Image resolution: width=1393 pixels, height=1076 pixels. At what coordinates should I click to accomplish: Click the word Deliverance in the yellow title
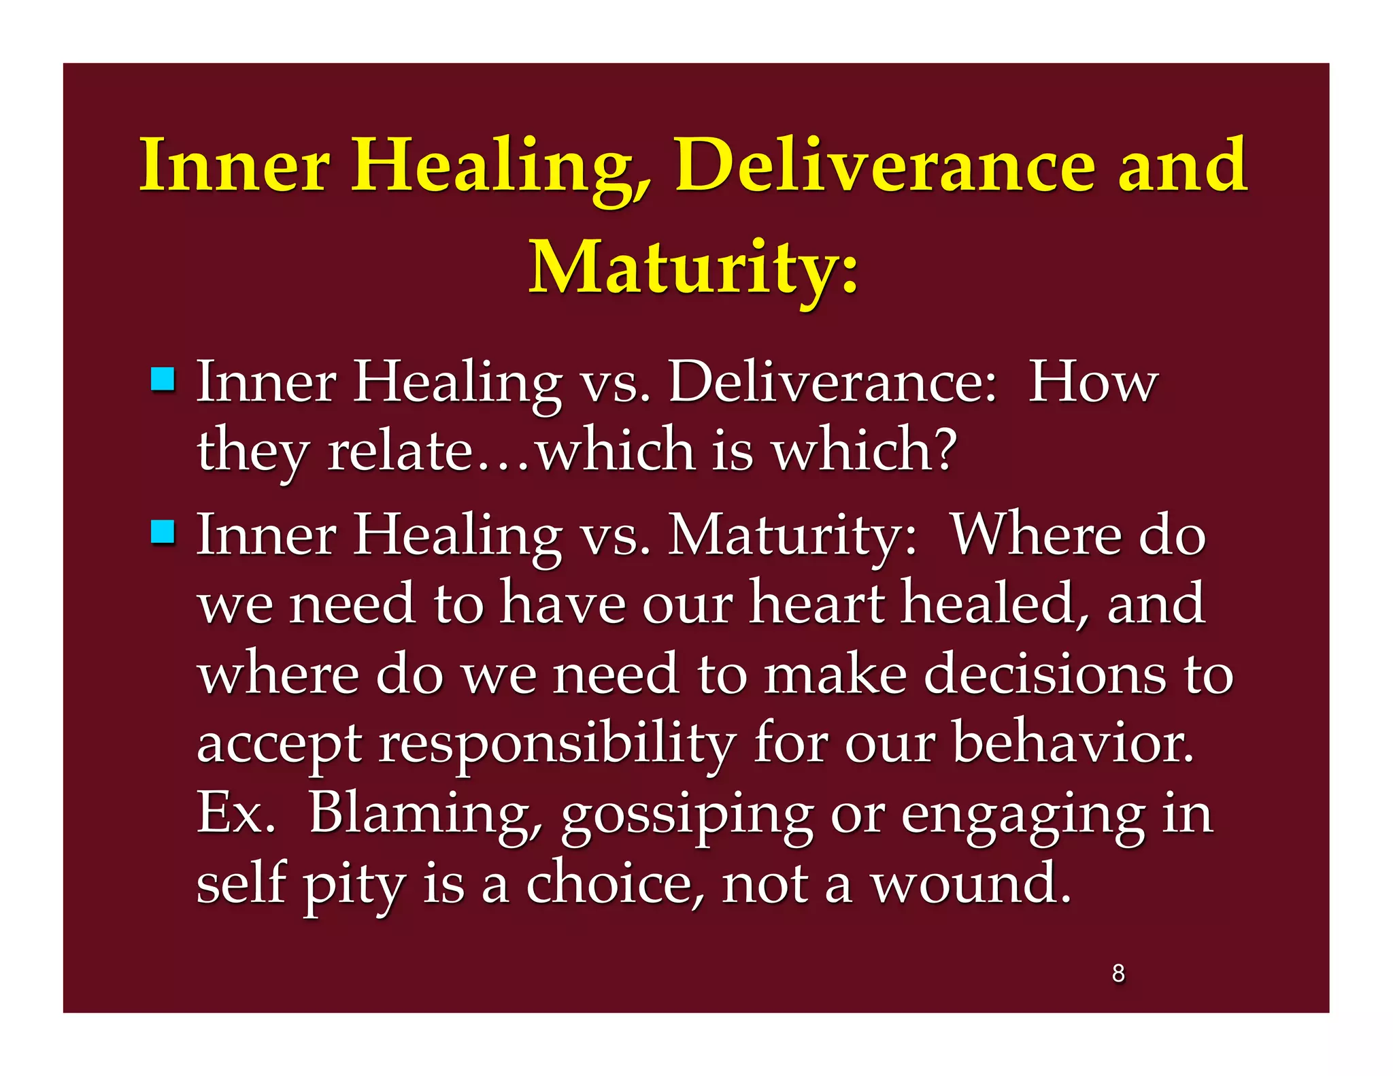tap(884, 167)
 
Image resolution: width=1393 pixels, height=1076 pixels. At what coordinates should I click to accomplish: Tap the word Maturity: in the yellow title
tap(694, 269)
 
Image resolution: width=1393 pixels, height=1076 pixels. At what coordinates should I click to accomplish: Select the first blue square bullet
tap(163, 379)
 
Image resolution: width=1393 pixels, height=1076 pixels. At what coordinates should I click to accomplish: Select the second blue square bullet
tap(163, 532)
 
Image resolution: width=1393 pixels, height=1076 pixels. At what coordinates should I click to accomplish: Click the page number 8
tap(1118, 973)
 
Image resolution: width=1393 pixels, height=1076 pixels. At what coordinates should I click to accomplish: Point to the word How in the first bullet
tap(1092, 382)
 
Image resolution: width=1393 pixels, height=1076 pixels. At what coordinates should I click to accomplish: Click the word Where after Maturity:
tap(1035, 535)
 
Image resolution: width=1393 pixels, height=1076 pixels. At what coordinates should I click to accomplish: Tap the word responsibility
tap(558, 745)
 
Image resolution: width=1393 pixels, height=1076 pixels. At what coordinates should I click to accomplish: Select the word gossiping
tap(687, 816)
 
